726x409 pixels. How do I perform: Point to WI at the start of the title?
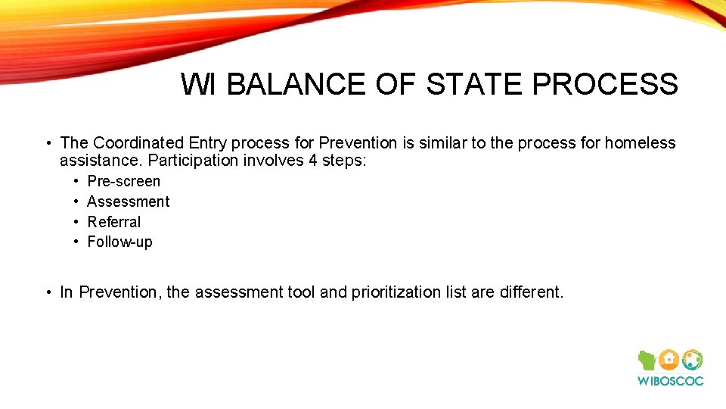coord(199,84)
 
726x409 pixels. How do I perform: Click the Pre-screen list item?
coord(124,181)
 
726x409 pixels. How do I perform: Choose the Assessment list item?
coord(129,201)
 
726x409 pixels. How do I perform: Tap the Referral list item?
coord(114,222)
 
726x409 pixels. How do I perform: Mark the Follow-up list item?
coord(119,242)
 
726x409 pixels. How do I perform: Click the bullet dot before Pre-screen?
coord(77,181)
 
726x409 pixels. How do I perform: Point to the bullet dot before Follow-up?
coord(77,242)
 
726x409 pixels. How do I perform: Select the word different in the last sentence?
coord(530,292)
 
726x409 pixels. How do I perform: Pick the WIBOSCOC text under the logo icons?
coord(670,381)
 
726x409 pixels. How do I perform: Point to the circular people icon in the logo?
coord(692,360)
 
